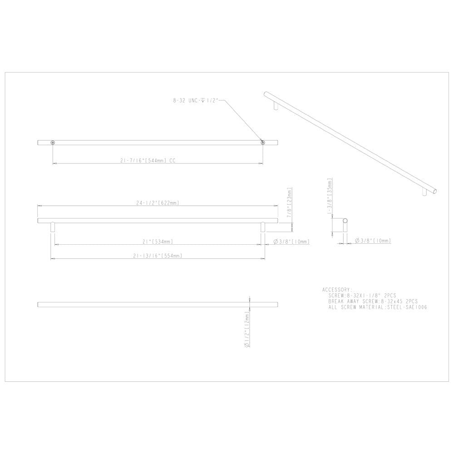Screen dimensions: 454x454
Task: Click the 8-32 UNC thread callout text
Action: (196, 100)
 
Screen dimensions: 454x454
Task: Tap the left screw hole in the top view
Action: (53, 143)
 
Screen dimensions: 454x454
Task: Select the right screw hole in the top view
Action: (262, 143)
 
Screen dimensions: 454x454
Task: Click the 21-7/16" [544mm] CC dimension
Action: (148, 161)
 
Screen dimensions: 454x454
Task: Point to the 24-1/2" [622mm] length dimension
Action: (158, 203)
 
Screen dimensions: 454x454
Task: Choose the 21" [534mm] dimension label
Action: (158, 242)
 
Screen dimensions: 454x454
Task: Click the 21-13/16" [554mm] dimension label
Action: (158, 256)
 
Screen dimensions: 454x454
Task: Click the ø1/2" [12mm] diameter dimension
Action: (247, 329)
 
